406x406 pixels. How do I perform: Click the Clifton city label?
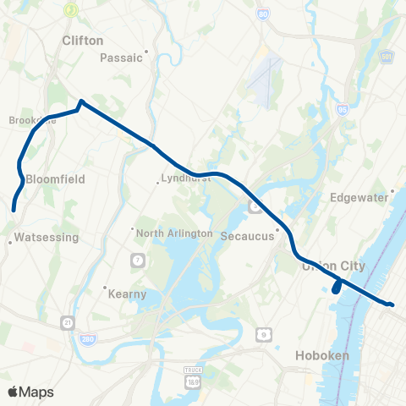83,40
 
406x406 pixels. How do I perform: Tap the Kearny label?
128,294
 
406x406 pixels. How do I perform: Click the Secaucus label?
247,236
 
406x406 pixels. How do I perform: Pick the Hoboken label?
322,355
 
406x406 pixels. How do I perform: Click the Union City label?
333,266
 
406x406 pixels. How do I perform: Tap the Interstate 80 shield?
264,14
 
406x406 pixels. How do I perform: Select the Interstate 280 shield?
88,339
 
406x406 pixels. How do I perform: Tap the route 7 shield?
136,258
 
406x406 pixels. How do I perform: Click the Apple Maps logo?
30,392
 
